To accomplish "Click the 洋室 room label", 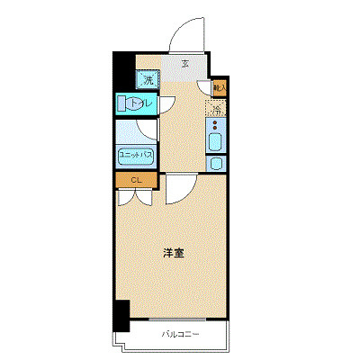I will [x=174, y=253].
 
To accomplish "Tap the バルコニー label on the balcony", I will [x=181, y=335].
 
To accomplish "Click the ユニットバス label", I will [x=135, y=155].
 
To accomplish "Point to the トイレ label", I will [x=141, y=104].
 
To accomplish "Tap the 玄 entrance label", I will [x=184, y=64].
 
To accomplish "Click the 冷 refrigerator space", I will [x=217, y=111].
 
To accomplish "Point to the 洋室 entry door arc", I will [x=176, y=190].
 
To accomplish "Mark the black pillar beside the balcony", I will [x=121, y=314].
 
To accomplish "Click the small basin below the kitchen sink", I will [x=217, y=164].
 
